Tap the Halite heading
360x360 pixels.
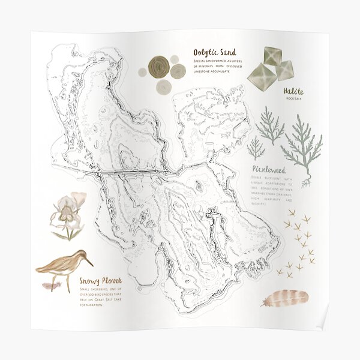pos(294,91)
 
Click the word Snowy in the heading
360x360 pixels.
pos(89,281)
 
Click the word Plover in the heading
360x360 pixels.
pos(110,281)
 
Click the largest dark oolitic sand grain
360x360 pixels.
pos(159,67)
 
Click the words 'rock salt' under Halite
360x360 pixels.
pos(294,98)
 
